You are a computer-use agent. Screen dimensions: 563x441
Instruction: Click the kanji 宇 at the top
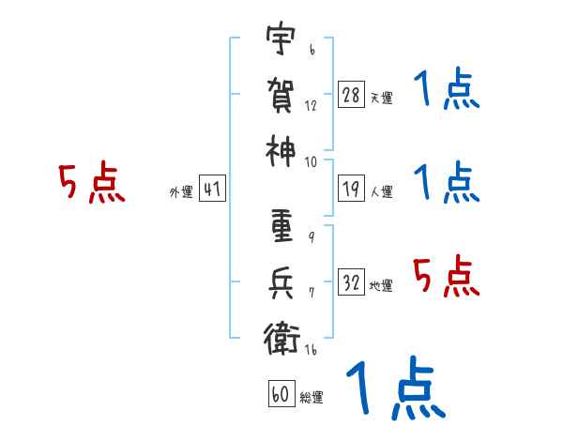click(x=281, y=38)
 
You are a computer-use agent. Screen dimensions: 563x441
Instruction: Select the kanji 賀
click(x=281, y=95)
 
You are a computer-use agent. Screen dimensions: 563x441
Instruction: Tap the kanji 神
click(x=281, y=151)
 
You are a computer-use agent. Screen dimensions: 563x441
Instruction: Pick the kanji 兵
click(x=281, y=283)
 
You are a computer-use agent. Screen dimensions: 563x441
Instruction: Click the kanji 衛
click(x=281, y=339)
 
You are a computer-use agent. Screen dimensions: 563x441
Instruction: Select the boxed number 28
click(x=351, y=95)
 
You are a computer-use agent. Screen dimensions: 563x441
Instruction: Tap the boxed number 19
click(x=351, y=189)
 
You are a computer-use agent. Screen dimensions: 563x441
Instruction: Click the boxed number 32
click(x=351, y=281)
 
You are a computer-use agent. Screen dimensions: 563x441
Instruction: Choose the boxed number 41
click(x=212, y=189)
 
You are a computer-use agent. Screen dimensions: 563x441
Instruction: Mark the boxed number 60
click(x=281, y=393)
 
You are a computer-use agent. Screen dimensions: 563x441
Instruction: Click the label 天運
click(x=382, y=98)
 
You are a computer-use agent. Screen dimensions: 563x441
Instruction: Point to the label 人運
click(x=382, y=191)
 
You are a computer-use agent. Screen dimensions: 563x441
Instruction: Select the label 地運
click(x=381, y=285)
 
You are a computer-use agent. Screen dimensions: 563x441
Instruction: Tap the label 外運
click(x=181, y=191)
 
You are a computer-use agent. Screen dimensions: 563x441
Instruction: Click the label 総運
click(x=312, y=397)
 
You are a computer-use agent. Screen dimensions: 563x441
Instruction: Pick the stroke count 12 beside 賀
click(x=311, y=106)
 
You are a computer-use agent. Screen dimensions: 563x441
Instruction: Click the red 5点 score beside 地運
click(x=447, y=276)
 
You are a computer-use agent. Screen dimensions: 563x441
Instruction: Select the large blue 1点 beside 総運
click(x=396, y=388)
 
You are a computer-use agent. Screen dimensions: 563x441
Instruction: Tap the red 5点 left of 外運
click(x=92, y=182)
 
